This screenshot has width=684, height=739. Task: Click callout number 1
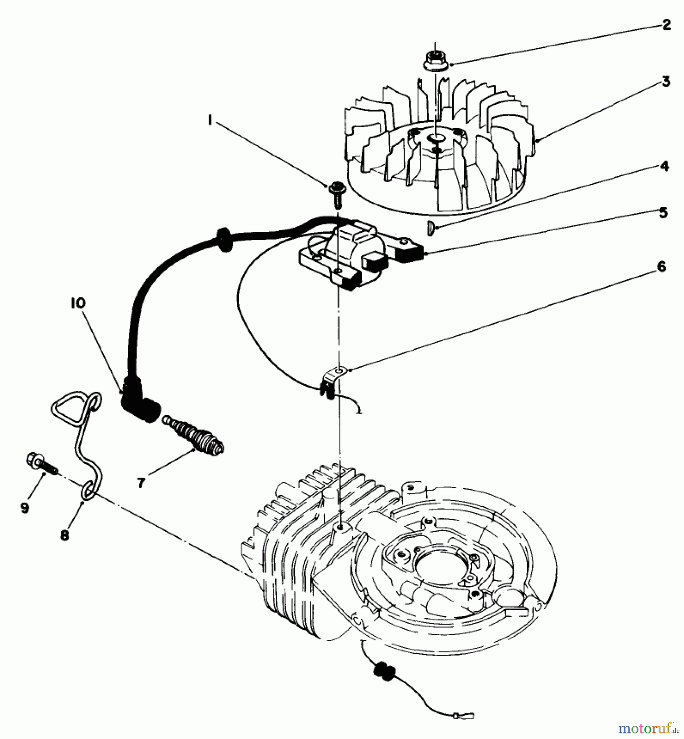[x=210, y=121]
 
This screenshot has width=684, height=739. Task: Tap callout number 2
[x=666, y=25]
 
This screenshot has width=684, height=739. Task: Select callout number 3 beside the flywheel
[x=666, y=81]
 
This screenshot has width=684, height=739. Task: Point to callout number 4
[x=664, y=166]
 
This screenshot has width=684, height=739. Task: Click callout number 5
[x=663, y=213]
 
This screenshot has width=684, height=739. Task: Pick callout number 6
[x=661, y=266]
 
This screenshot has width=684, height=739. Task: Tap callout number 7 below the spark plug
[x=141, y=483]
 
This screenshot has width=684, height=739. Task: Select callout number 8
[x=64, y=535]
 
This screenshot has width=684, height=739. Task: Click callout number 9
[x=25, y=508]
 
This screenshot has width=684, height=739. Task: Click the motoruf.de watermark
[x=647, y=728]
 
